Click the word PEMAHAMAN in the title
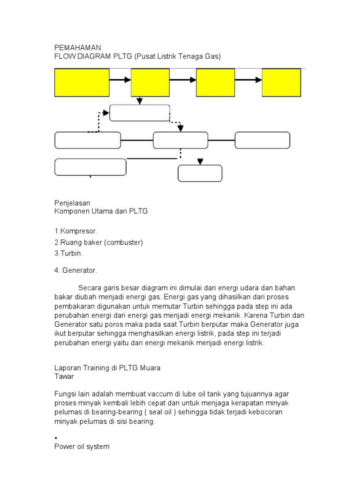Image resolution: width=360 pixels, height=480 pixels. coord(78,47)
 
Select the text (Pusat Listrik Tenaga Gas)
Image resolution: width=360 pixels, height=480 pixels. coord(177,56)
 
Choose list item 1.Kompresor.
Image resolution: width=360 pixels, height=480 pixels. coord(76,231)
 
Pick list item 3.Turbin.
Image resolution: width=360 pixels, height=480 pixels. coord(69,253)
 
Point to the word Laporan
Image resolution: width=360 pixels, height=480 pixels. coord(67,368)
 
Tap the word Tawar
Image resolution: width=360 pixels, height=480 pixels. coord(64,376)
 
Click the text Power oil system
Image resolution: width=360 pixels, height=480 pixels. coord(82,447)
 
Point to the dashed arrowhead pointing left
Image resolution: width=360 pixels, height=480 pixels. coord(105,112)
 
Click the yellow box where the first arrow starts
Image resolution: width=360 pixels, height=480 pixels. coord(82,82)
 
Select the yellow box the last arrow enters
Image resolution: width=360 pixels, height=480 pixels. coord(281,82)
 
